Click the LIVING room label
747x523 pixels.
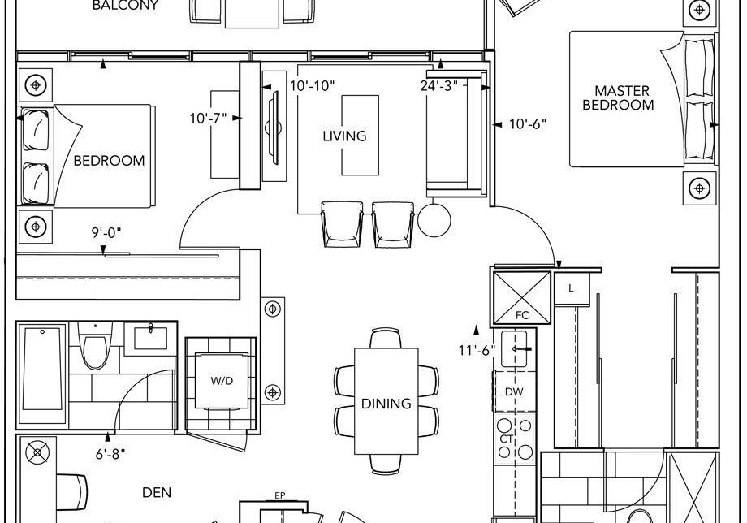coord(344,136)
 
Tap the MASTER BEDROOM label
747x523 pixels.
coord(619,97)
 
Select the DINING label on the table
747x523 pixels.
coord(386,404)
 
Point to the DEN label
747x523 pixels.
coord(157,492)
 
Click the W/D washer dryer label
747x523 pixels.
coord(222,381)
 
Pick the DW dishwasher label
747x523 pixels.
coord(514,392)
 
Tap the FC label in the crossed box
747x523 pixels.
coord(522,315)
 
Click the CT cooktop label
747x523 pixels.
coord(506,439)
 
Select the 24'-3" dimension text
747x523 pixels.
coord(439,86)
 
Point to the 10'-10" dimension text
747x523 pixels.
coord(313,86)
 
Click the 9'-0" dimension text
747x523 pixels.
coord(106,233)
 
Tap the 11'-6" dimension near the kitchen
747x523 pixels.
coord(477,351)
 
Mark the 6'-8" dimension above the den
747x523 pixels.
coord(110,455)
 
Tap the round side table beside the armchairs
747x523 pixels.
coord(434,220)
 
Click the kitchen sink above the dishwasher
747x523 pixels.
coord(514,349)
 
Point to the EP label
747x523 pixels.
coord(280,496)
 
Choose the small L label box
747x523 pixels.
coord(572,289)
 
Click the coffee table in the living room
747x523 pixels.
coord(361,136)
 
